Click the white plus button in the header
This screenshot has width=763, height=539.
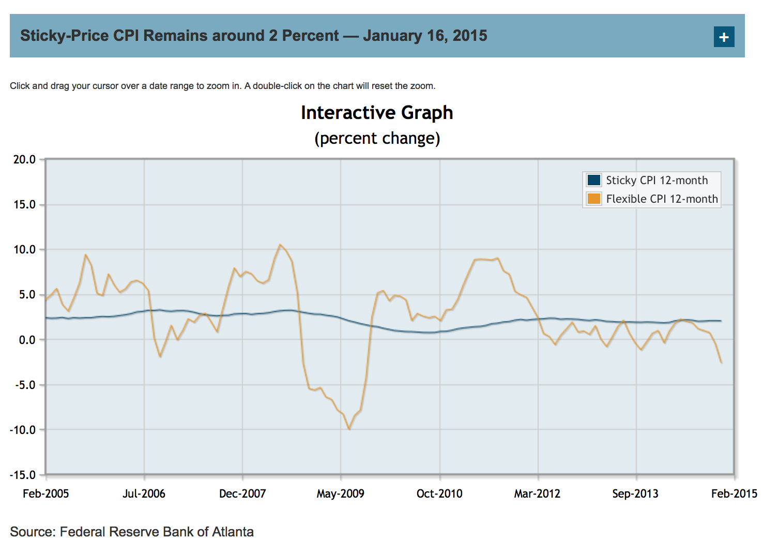click(x=724, y=37)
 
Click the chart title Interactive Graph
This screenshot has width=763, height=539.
click(x=377, y=113)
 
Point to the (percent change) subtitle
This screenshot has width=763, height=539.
click(x=377, y=139)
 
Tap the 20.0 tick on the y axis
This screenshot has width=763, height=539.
click(x=25, y=159)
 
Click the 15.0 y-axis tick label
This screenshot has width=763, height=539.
click(x=25, y=204)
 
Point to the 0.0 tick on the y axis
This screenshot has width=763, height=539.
click(x=27, y=340)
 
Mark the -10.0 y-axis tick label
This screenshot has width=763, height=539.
click(x=23, y=430)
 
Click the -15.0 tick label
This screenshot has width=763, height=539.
click(x=23, y=475)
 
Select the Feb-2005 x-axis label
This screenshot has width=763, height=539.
click(x=46, y=493)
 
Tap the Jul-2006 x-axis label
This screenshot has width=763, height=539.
click(x=144, y=493)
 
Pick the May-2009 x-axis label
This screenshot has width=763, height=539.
click(x=340, y=493)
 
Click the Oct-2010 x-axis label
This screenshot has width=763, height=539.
click(x=439, y=493)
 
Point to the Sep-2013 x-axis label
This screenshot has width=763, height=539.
click(x=635, y=493)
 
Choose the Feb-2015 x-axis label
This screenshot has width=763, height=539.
click(x=734, y=493)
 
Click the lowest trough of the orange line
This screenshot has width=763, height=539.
click(x=349, y=429)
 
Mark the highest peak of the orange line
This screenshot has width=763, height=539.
click(x=280, y=245)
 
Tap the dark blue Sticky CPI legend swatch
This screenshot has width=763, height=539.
click(x=594, y=180)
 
